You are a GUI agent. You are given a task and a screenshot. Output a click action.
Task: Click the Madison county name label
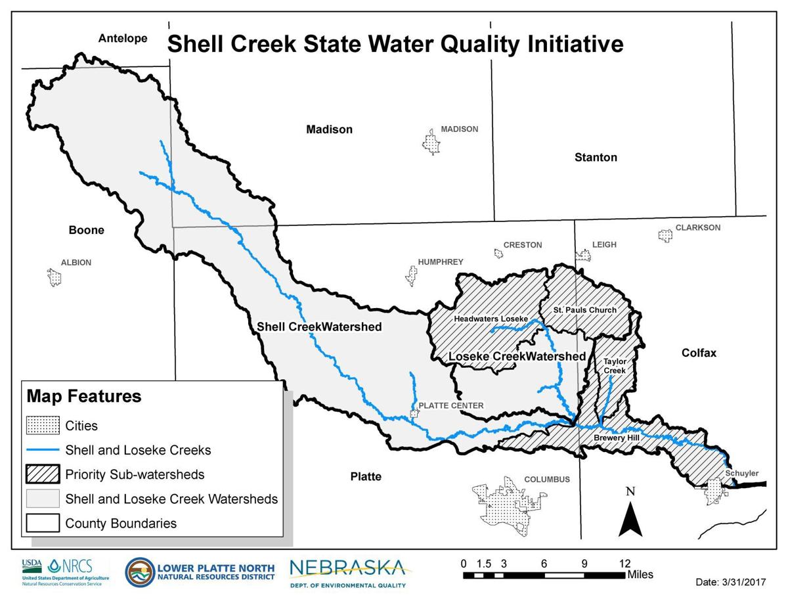329,129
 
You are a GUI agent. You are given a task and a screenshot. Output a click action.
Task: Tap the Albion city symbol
55,277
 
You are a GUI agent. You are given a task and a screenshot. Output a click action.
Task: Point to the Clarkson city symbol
665,235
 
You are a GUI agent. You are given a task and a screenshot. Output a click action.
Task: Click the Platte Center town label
450,406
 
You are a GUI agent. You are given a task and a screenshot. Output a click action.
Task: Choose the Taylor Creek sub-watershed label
615,366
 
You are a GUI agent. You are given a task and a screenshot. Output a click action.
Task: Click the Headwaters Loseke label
491,319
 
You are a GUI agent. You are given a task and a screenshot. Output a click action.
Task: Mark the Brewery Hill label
612,437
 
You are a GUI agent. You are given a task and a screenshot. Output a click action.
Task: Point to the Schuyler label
742,473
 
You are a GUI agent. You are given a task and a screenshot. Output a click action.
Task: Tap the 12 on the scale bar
624,563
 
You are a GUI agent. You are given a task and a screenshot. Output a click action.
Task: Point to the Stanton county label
596,158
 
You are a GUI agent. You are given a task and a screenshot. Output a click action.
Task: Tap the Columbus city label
547,480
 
